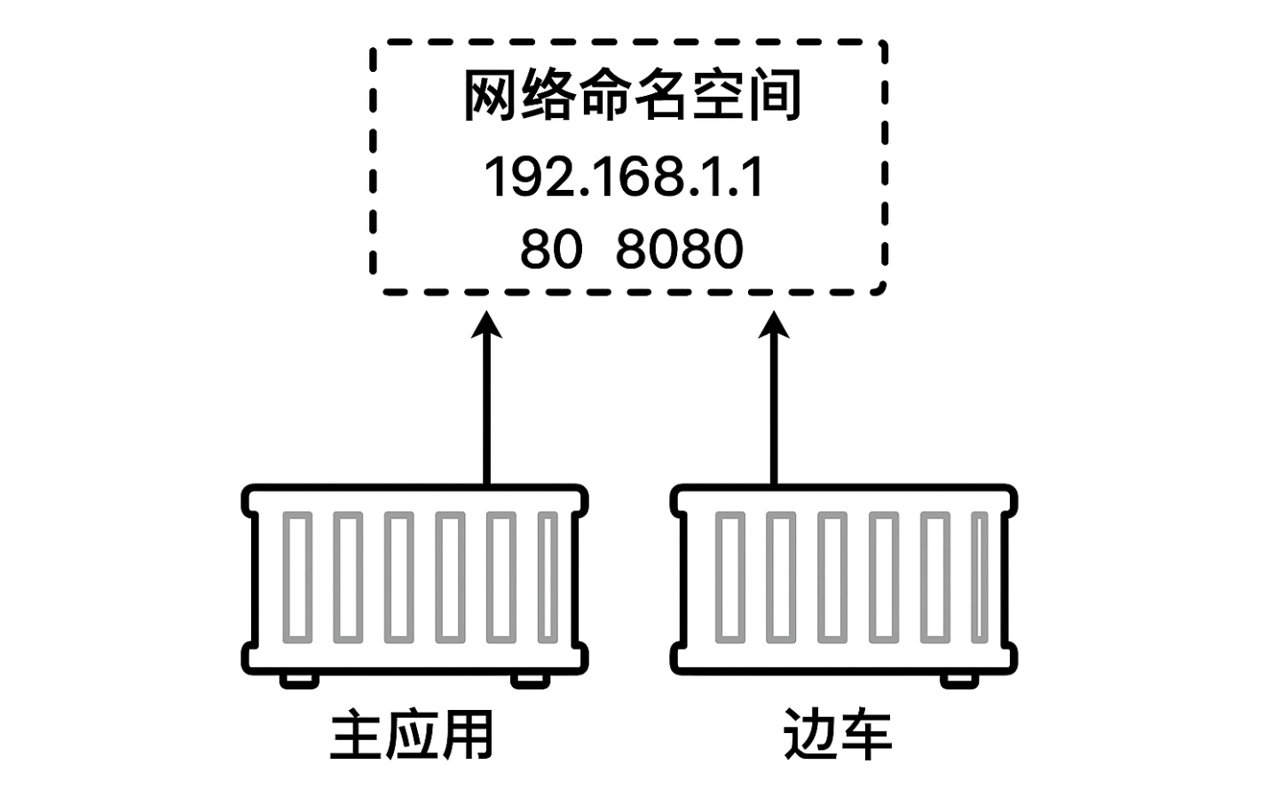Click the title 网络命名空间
[x=632, y=96]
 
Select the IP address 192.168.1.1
[x=624, y=177]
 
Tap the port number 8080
[x=679, y=249]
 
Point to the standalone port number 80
[x=550, y=249]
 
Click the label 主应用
[x=411, y=736]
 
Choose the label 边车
[x=837, y=736]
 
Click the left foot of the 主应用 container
[x=299, y=680]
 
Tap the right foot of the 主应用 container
[x=530, y=680]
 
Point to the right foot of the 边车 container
[x=959, y=680]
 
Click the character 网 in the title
[x=491, y=96]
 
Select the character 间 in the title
[x=774, y=96]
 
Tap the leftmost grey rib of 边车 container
[x=729, y=577]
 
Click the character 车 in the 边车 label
[x=864, y=736]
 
